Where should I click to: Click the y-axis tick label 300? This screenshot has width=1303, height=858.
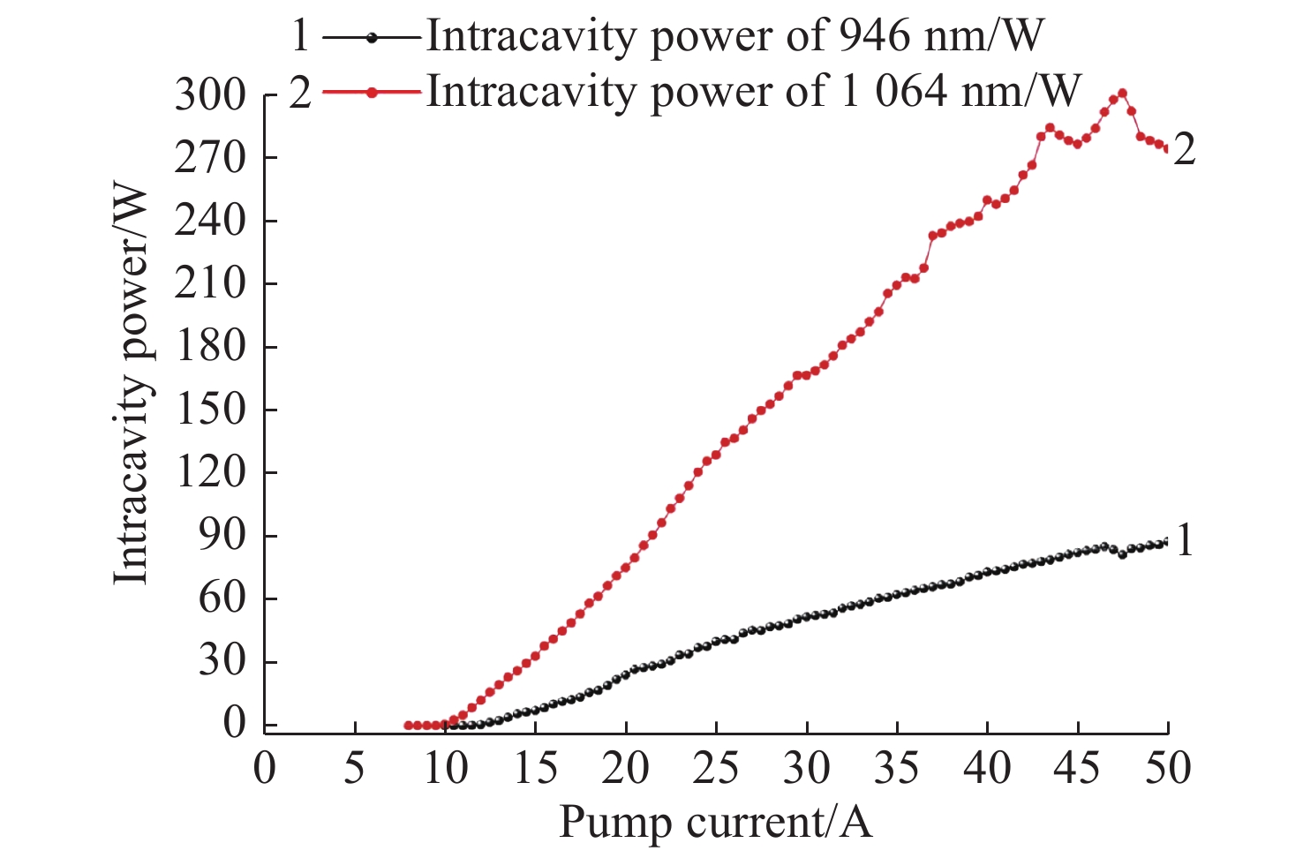pos(210,94)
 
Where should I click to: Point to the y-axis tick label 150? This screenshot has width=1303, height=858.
pos(210,410)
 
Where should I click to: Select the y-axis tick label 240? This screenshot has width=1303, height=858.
pos(210,221)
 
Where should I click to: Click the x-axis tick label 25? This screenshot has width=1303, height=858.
pos(716,768)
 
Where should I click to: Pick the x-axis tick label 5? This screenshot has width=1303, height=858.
pos(355,768)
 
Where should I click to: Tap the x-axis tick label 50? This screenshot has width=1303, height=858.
pos(1167,768)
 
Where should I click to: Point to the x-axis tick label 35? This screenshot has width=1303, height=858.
pos(897,768)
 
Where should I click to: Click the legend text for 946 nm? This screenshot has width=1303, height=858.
pos(734,37)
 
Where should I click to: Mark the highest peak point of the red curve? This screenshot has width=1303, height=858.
pos(1122,93)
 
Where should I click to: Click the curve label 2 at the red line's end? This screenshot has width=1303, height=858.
pos(1185,149)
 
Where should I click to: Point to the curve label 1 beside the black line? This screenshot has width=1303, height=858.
pos(1185,539)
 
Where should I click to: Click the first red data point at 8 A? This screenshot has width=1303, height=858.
pos(409,725)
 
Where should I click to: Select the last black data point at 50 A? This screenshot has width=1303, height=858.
pos(1166,541)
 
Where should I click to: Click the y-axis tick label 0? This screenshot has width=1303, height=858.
pos(234,725)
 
